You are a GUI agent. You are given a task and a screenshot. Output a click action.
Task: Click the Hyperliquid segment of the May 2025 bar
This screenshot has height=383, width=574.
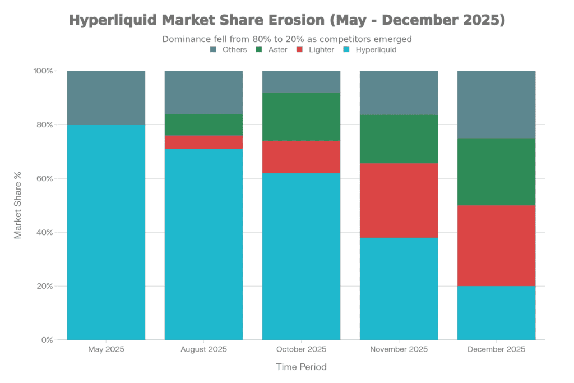coord(106,232)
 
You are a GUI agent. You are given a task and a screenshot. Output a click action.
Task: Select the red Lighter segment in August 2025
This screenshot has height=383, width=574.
coord(203,142)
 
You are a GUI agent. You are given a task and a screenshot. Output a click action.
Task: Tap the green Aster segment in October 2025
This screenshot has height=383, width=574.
coord(301,117)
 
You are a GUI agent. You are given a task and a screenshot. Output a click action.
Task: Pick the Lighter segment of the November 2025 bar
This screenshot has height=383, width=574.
coord(399,200)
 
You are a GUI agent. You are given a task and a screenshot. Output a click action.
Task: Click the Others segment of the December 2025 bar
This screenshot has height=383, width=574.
coord(496,104)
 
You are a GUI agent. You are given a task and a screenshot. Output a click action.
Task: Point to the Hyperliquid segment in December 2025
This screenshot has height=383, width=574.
coord(496,312)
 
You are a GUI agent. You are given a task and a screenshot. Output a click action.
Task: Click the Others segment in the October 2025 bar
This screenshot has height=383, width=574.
coord(301,82)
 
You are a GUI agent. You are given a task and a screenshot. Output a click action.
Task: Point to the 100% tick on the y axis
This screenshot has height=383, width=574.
coord(43,71)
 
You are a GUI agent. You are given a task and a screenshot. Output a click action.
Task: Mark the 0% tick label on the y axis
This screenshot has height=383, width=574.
coord(47,340)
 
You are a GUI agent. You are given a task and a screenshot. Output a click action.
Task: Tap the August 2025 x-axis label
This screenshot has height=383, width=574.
coord(203,349)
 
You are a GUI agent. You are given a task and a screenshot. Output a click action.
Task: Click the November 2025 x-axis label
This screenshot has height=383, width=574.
coord(399,349)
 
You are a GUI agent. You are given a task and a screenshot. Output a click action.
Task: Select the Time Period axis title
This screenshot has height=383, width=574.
coord(301,367)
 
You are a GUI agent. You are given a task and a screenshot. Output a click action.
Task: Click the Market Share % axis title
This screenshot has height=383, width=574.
coord(18,205)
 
